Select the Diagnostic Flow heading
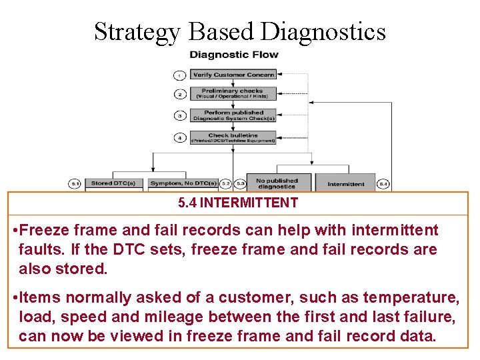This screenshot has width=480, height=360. click(x=234, y=54)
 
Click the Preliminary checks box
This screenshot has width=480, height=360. click(x=233, y=93)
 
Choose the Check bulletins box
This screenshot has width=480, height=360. click(x=233, y=138)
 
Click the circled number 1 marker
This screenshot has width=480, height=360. click(x=179, y=75)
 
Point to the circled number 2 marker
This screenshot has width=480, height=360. click(x=179, y=94)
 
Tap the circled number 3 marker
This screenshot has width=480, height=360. click(x=179, y=116)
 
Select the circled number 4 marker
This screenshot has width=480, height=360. click(x=179, y=138)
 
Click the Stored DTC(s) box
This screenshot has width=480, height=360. click(x=113, y=183)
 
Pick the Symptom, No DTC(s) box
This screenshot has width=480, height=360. click(x=183, y=183)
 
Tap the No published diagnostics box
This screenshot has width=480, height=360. click(x=277, y=183)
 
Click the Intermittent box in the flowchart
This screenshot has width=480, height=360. click(x=345, y=183)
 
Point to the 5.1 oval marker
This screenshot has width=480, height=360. click(x=76, y=183)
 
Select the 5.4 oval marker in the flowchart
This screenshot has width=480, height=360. click(x=383, y=183)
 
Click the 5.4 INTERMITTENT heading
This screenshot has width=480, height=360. click(x=238, y=203)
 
